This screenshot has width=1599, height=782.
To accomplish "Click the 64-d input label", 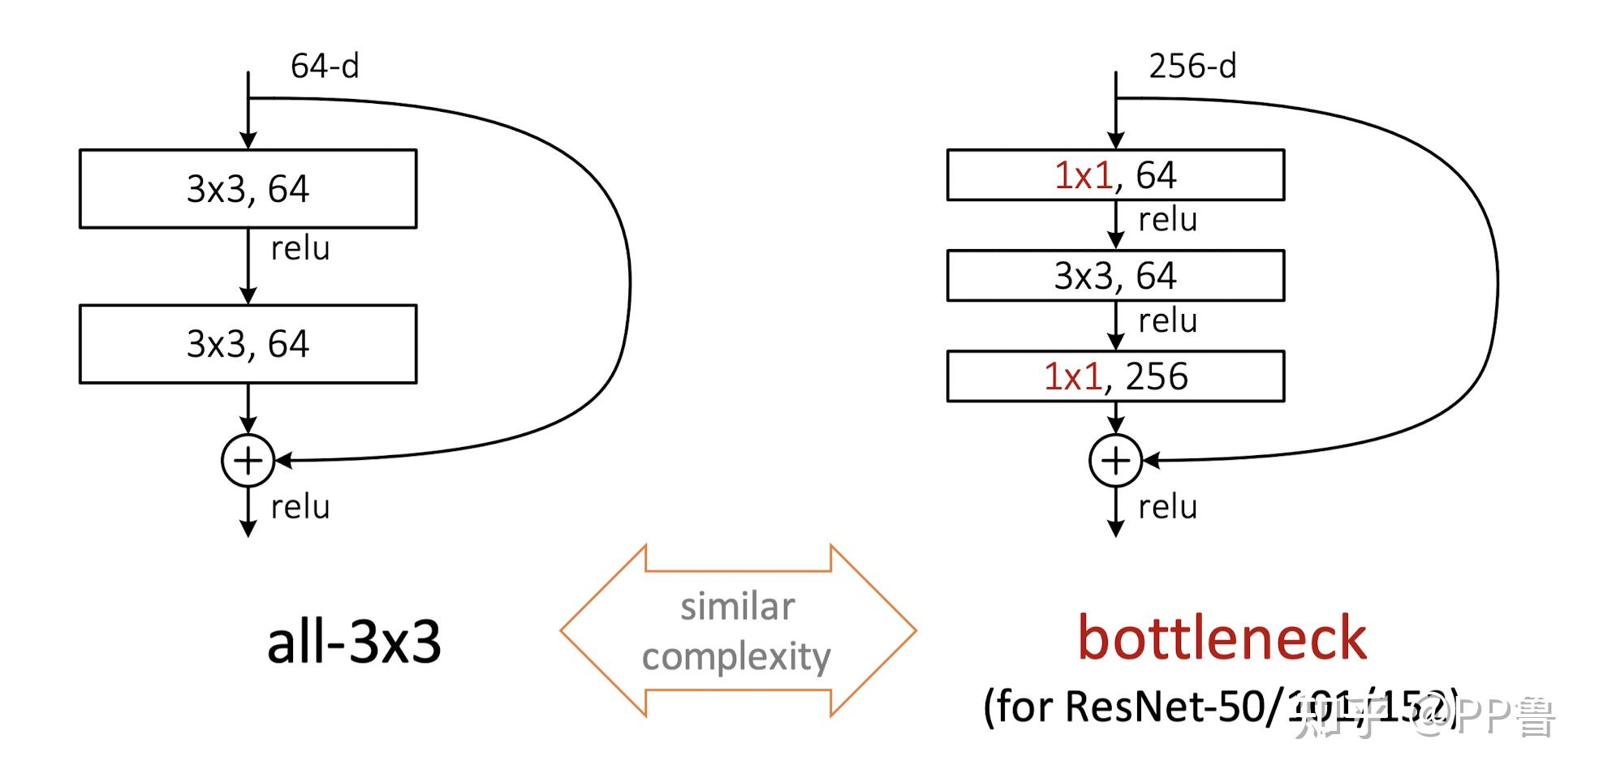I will [325, 67].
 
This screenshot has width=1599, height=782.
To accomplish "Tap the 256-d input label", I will [1192, 67].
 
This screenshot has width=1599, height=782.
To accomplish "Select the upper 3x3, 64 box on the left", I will [248, 189].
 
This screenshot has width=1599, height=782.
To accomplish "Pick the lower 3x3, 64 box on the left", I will [248, 344].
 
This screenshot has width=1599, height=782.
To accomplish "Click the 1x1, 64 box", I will [1115, 175].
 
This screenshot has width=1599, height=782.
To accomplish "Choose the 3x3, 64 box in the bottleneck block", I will [1115, 276].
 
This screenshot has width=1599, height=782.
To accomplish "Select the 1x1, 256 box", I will [1115, 376].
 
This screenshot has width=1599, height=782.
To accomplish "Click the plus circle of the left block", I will [248, 461].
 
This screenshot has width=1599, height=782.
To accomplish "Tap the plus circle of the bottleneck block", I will [1115, 461].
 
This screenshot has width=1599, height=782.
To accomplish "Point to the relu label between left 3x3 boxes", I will [300, 249].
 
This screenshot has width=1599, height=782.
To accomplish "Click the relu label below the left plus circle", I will [300, 508].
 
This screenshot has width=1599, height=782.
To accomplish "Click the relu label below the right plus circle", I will [1167, 508].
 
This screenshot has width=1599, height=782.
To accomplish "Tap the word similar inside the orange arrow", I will [737, 607].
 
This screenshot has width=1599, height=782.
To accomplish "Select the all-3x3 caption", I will [354, 642].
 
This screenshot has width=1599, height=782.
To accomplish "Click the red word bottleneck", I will [1222, 638].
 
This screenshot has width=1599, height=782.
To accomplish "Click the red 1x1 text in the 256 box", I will [1072, 376].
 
